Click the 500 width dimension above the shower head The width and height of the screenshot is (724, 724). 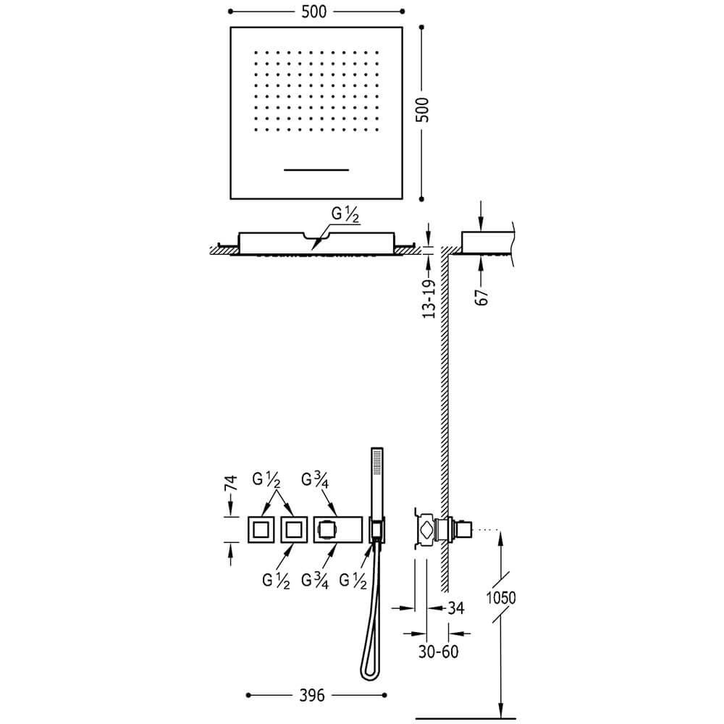click(314, 12)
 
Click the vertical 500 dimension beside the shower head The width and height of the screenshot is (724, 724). click(422, 109)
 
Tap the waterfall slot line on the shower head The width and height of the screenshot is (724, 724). click(316, 170)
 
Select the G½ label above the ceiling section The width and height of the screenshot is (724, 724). click(345, 215)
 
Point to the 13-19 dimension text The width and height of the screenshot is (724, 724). click(429, 299)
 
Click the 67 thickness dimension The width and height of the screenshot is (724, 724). click(481, 298)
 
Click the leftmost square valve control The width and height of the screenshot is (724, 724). click(261, 530)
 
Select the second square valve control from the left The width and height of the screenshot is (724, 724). click(294, 530)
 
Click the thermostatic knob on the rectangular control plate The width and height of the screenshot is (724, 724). click(327, 530)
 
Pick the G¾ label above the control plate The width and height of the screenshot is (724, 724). click(315, 480)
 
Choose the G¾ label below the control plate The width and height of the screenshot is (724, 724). click(315, 581)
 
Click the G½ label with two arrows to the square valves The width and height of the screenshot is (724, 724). click(266, 480)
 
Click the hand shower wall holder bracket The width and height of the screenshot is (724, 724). click(377, 530)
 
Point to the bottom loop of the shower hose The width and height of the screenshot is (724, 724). click(369, 672)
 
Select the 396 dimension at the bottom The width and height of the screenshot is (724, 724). click(312, 695)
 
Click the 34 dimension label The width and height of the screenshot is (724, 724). click(455, 608)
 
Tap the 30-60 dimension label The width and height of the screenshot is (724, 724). click(438, 652)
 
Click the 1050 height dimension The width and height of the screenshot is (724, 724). click(501, 598)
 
